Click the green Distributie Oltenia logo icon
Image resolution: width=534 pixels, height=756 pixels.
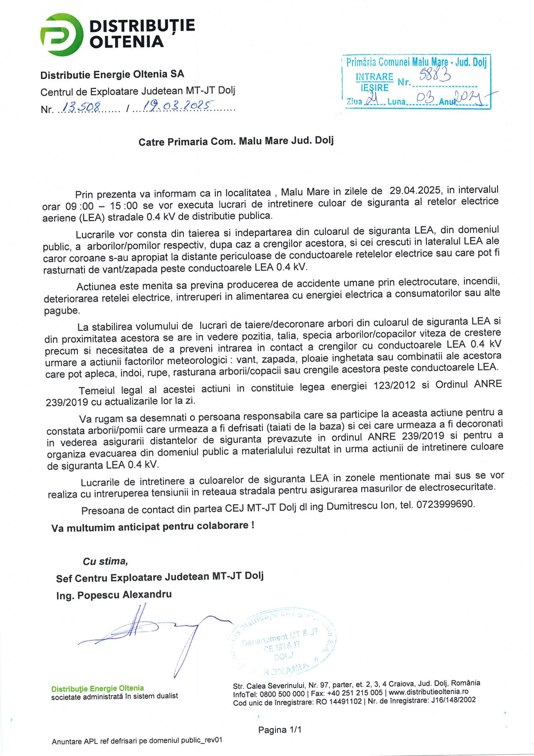point(61,34)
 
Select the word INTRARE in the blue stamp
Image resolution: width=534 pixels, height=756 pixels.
point(374,76)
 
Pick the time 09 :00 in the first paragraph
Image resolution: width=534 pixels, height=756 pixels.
point(80,206)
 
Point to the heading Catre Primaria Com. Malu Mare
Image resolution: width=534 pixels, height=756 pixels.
point(236,141)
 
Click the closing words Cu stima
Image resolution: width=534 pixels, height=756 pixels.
point(105,561)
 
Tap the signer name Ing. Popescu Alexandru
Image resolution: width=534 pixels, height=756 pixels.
point(114,595)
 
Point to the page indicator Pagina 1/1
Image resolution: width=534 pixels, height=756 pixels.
point(280,730)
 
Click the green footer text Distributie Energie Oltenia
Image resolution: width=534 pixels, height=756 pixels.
point(97,688)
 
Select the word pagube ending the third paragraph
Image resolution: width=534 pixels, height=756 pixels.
point(61,310)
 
